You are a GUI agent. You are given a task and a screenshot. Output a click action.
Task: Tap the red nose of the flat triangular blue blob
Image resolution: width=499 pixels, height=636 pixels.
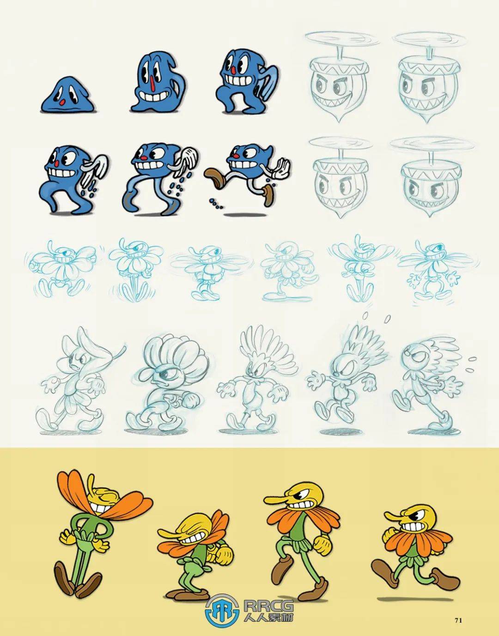point(62,103)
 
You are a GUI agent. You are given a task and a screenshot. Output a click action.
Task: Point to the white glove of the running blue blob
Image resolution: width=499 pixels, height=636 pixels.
point(280,169)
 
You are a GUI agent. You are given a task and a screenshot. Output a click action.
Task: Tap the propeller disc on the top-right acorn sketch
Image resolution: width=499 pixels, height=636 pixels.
point(429,40)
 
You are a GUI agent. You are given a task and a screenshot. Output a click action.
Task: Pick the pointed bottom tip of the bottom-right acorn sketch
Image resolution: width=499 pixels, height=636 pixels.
point(429,217)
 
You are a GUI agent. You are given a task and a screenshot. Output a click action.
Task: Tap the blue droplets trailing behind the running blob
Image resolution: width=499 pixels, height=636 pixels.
point(216,204)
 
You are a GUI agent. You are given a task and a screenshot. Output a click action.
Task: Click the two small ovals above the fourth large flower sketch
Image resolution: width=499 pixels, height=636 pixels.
point(377,317)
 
